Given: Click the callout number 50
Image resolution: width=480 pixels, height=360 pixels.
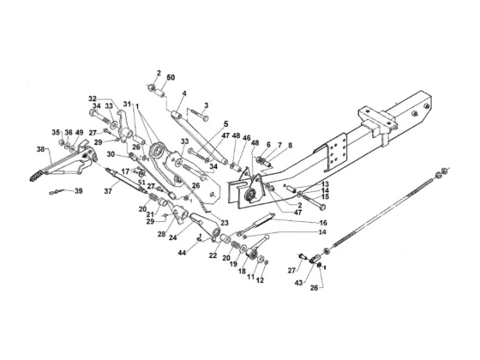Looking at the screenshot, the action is [x=171, y=77].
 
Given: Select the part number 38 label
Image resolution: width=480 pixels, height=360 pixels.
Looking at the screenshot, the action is [x=41, y=149].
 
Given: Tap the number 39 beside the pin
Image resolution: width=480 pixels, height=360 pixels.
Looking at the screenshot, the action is [x=79, y=191].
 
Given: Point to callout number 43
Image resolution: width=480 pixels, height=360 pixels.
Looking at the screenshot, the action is [x=298, y=283].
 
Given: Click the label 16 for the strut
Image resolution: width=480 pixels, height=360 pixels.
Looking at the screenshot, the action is [x=323, y=223].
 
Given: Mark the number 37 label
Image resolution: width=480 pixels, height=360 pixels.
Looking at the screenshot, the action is [x=108, y=191].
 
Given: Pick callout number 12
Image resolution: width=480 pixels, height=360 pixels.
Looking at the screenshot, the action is [x=260, y=280].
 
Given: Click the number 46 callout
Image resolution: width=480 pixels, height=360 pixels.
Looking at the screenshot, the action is [x=246, y=137].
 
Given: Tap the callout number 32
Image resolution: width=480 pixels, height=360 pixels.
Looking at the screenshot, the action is [x=93, y=99].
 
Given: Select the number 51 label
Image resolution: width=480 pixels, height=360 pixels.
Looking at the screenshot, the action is [x=141, y=182].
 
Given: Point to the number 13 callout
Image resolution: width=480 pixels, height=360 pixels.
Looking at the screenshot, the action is [x=325, y=184].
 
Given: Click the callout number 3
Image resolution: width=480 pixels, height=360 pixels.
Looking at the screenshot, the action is [x=207, y=105].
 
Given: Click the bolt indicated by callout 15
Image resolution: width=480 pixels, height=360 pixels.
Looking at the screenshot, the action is [x=314, y=202].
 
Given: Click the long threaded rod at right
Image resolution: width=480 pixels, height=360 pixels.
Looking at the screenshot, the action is [x=382, y=212].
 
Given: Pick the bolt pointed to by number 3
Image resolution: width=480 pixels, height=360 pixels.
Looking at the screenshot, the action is [x=199, y=115].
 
